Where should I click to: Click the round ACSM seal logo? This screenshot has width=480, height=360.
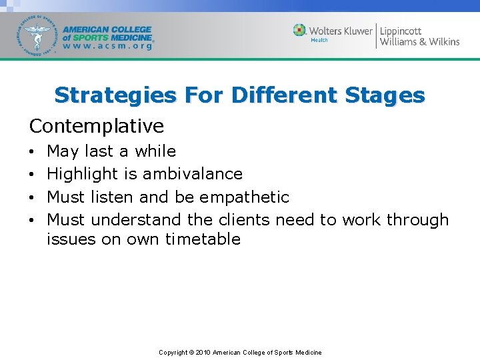38,36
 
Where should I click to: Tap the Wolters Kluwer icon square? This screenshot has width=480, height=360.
300,31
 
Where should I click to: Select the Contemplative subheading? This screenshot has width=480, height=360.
96,126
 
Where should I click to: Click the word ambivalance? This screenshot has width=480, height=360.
193,174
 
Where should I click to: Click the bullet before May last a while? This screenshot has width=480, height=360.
33,152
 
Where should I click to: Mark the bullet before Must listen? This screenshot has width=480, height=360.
33,198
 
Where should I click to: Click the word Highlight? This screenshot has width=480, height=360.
83,174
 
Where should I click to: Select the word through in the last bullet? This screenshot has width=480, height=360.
417,219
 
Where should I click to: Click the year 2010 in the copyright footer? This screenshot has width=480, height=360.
203,352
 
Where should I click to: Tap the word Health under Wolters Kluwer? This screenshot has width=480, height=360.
320,41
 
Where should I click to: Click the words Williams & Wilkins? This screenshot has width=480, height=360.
419,42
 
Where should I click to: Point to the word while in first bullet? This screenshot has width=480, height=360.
155,151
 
